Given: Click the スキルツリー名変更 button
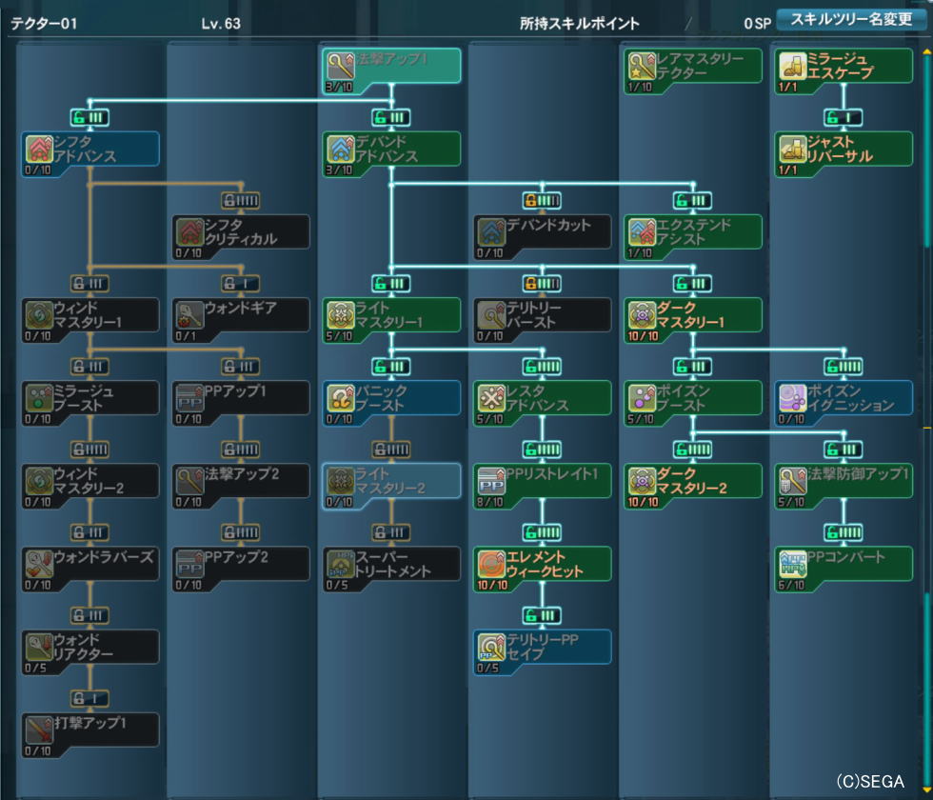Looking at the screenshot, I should (x=851, y=20).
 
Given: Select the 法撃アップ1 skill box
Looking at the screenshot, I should (x=391, y=66).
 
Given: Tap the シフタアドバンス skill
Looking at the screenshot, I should (x=90, y=149).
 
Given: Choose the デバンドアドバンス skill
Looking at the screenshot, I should (x=391, y=149).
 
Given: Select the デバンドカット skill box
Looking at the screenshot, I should (x=542, y=232).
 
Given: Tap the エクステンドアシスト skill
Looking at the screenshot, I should (x=693, y=232).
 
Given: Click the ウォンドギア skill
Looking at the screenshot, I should (x=241, y=315).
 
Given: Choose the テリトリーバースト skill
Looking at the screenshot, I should (x=542, y=315).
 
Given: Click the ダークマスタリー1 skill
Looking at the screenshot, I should (x=693, y=315).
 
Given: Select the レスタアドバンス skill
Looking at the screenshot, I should (x=542, y=398).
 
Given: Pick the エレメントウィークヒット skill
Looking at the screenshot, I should (x=542, y=564).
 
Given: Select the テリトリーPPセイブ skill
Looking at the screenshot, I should (x=542, y=647).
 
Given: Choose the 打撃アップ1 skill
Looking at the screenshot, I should (x=90, y=730).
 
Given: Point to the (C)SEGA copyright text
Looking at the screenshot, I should (x=870, y=781).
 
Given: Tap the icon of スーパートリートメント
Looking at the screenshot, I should (x=340, y=563).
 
